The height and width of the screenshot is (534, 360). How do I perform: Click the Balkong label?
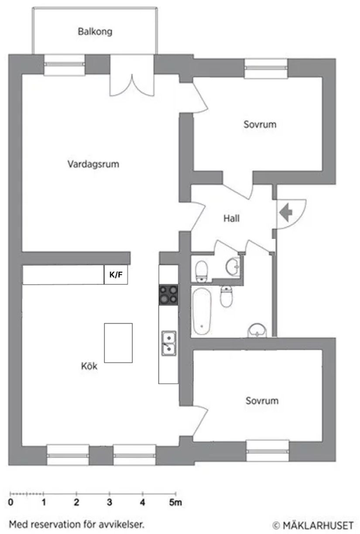[x=95, y=31]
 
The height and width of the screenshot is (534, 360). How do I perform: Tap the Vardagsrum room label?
[x=93, y=164]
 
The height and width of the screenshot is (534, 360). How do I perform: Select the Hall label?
[x=232, y=219]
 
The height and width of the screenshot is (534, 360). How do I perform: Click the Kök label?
[x=89, y=366]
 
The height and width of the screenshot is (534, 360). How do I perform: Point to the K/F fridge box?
[x=116, y=275]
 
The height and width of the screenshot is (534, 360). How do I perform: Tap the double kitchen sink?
[x=168, y=342]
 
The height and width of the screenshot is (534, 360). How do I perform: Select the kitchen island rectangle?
[x=118, y=343]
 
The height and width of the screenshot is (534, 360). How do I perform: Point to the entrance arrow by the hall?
[x=286, y=213]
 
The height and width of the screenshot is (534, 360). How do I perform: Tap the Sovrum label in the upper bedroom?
[x=260, y=124]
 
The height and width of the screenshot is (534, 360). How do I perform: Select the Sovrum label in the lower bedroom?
[x=261, y=400]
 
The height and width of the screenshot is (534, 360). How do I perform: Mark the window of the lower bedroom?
[x=268, y=451]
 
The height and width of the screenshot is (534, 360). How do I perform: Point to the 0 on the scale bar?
[x=10, y=503]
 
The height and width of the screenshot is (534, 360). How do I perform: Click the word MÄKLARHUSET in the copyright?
[x=321, y=524]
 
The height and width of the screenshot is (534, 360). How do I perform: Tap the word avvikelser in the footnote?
[x=121, y=524]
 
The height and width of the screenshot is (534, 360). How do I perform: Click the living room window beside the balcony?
[x=65, y=63]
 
